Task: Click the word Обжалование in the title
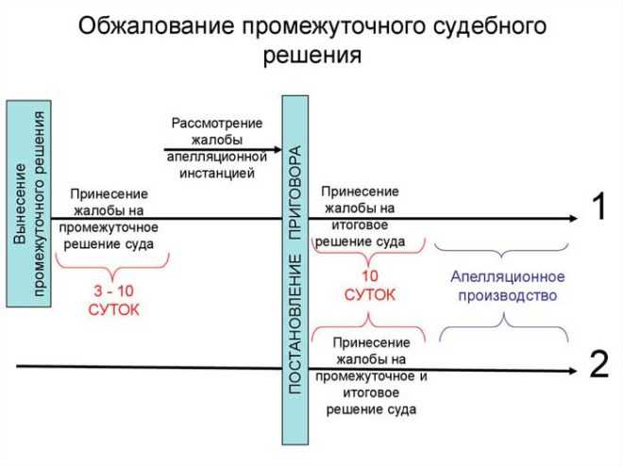click(140, 25)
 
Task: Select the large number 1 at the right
click(598, 208)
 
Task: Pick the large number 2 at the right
click(598, 364)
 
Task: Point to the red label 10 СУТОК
click(369, 285)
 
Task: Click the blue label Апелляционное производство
click(508, 285)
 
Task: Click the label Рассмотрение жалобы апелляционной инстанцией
click(218, 148)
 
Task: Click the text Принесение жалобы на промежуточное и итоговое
click(371, 375)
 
